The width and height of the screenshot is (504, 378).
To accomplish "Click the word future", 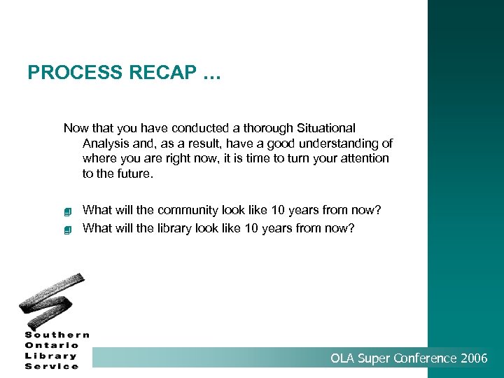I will tap(134, 174).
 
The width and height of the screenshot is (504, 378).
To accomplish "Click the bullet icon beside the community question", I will tap(68, 211).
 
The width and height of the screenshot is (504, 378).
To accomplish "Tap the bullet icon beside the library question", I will tap(68, 229).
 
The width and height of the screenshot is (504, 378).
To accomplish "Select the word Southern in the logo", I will tap(57, 335).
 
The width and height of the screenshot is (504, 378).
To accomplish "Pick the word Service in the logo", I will tap(52, 366).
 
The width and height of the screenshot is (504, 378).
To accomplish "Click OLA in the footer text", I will tap(343, 359).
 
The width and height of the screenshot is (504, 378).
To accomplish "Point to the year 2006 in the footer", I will tap(475, 359).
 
